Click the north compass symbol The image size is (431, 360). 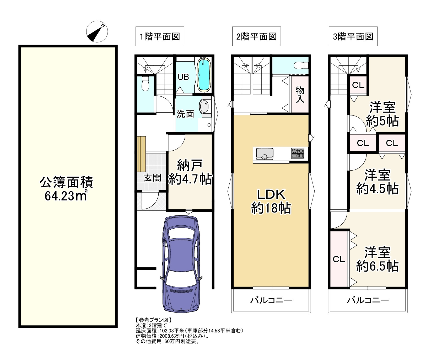(97, 32)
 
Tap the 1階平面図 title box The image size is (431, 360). (160, 36)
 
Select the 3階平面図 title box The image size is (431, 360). (353, 36)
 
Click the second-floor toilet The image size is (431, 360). (300, 65)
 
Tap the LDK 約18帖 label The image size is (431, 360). (271, 201)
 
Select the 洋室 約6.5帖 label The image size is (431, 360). (377, 259)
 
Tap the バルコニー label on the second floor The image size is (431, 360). (271, 300)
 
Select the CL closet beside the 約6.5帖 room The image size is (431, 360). (339, 260)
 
